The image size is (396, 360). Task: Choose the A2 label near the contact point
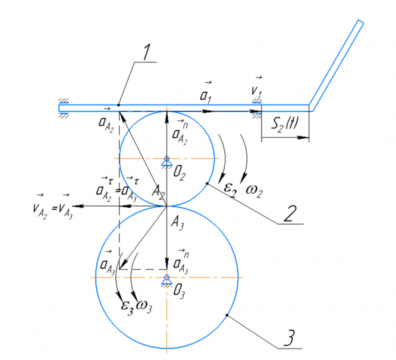(x=158, y=191)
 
